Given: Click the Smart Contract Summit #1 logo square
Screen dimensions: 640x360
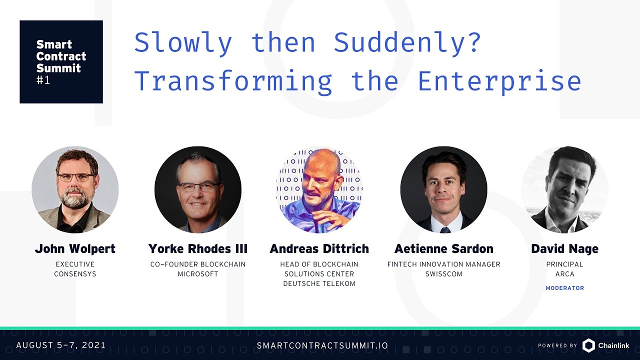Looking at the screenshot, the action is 61,61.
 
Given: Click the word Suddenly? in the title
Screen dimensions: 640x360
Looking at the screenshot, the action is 407,43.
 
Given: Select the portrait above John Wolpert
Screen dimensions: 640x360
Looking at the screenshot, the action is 75,189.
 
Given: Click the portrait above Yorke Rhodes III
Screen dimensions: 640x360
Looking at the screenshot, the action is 198,189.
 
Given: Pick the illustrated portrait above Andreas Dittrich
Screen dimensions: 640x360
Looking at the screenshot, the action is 319,189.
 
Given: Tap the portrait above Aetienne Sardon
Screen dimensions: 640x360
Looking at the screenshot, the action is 443,189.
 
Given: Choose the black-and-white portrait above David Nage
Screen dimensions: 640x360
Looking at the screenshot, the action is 565,189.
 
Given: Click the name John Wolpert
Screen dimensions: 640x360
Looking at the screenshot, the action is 75,249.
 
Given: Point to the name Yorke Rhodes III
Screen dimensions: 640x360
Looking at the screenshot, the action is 197,249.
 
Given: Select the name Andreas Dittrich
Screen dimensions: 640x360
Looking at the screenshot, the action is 319,249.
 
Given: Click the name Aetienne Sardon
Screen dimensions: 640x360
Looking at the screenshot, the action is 443,249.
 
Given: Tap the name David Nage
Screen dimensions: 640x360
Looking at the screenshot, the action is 565,249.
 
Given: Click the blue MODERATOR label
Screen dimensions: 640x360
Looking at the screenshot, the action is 565,288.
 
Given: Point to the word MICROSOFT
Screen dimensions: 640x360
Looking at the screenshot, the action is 198,274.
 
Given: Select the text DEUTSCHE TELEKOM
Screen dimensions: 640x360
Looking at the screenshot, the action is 319,283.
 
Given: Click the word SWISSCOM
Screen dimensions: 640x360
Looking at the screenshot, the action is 443,274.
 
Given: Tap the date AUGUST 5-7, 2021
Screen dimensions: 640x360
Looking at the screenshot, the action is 61,345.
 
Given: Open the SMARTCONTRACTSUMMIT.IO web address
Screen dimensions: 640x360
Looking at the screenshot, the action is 322,345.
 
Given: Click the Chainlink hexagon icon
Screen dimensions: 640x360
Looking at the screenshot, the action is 588,345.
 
